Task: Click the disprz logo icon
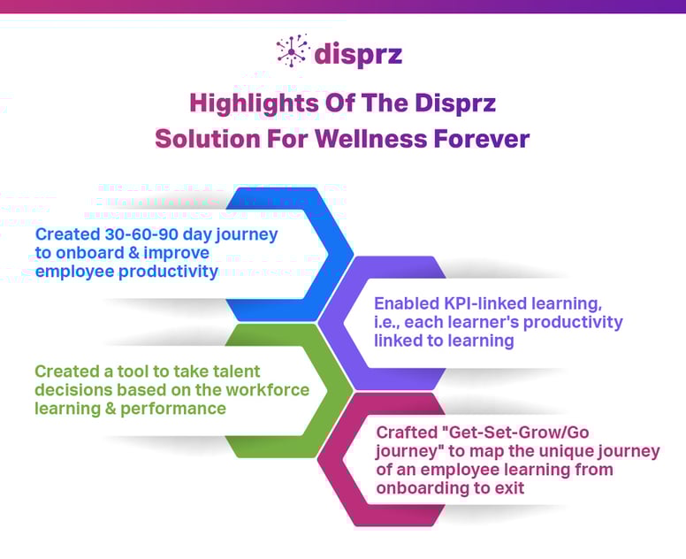[x=292, y=51]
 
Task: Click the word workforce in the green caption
[x=271, y=390]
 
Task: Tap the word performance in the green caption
[x=180, y=409]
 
